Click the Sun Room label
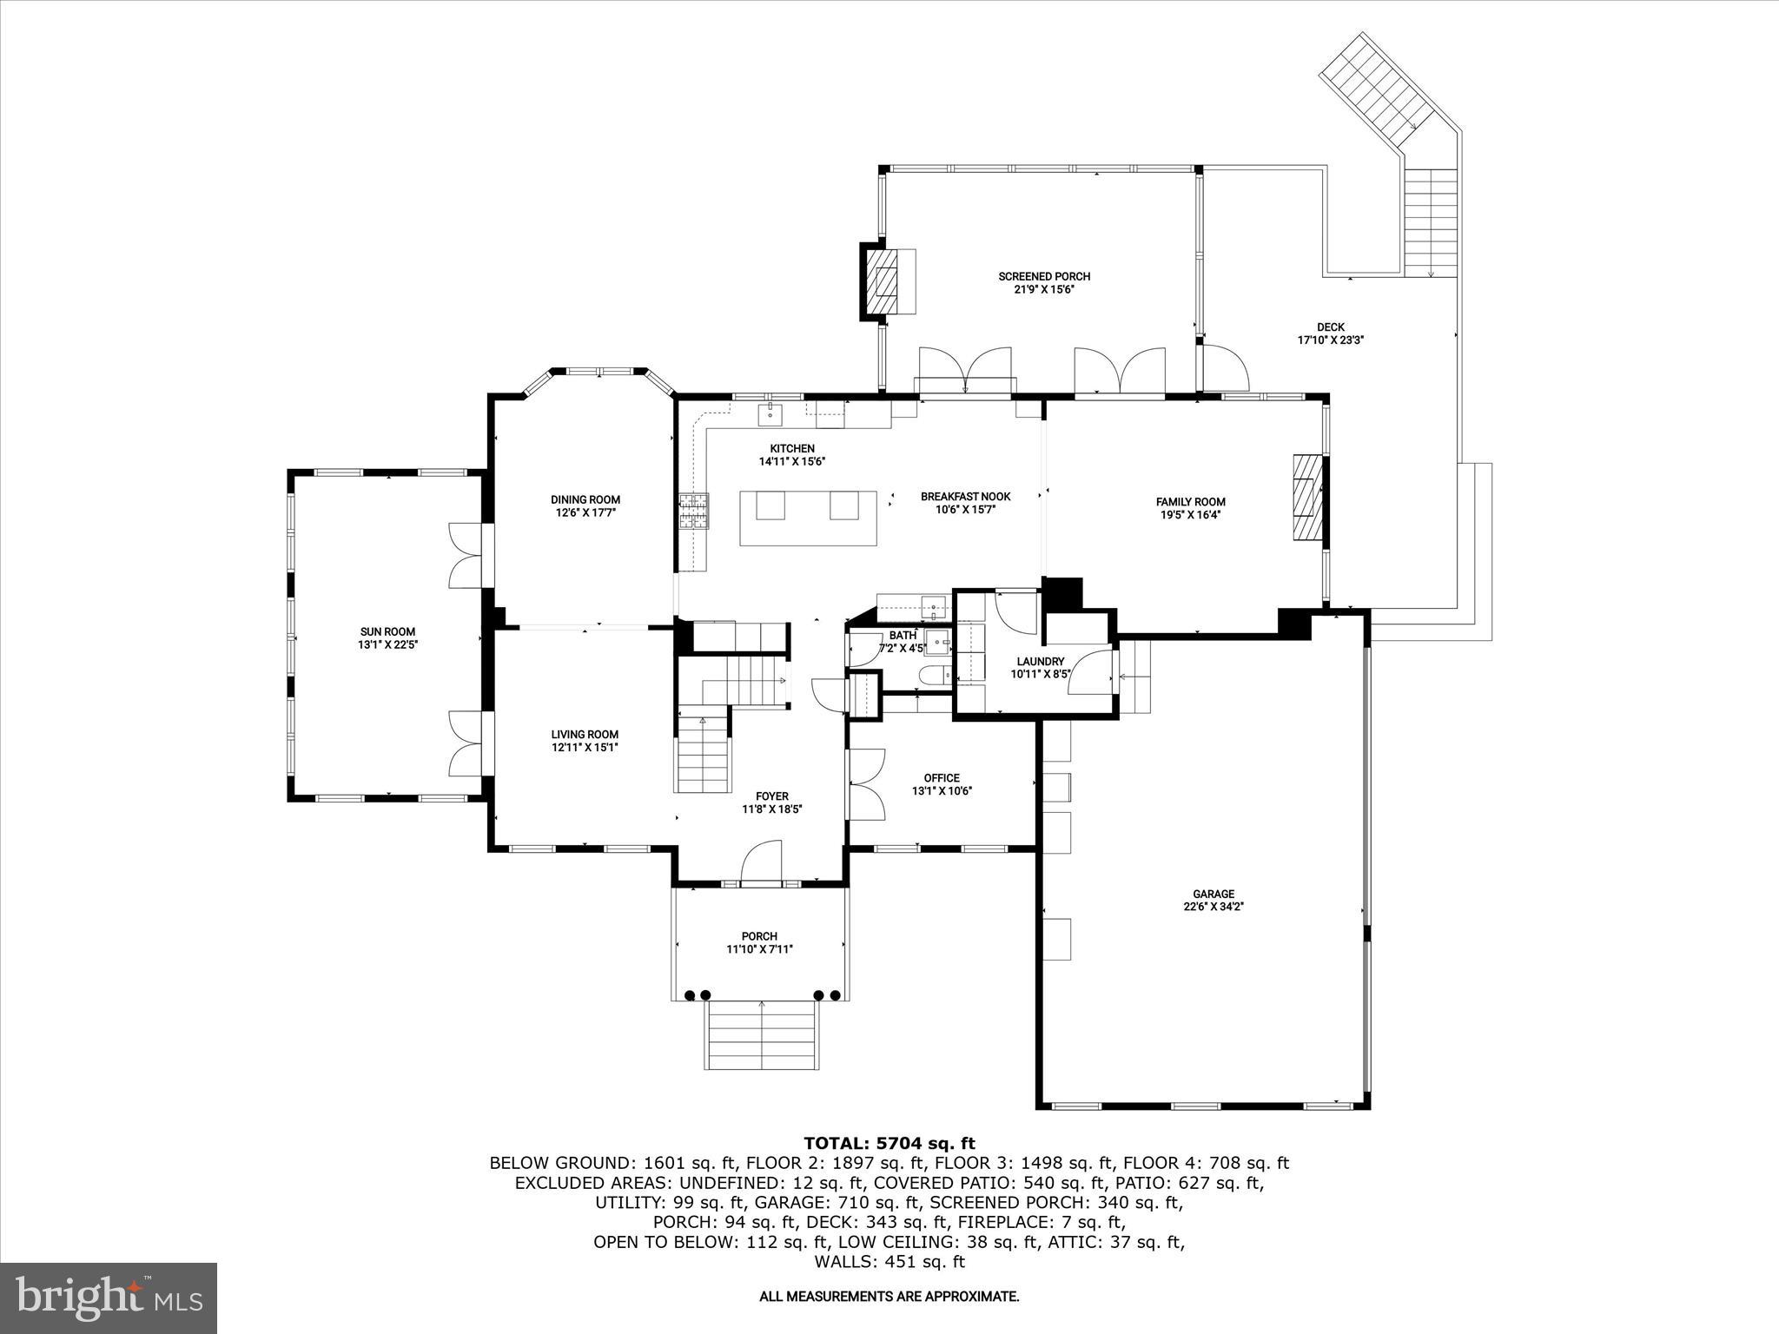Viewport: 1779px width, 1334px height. (x=388, y=631)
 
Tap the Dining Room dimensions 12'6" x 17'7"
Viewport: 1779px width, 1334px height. (x=585, y=513)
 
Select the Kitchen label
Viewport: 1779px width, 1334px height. (x=791, y=448)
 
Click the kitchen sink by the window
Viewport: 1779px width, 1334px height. (x=770, y=415)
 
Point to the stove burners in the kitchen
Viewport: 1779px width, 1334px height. (x=693, y=511)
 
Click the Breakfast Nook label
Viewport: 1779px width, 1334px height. (x=965, y=497)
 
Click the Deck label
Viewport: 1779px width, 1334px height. (x=1330, y=327)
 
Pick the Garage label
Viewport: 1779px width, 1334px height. (x=1213, y=894)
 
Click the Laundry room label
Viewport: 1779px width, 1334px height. (x=1040, y=661)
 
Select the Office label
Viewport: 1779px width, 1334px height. (x=942, y=777)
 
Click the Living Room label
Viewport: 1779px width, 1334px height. (x=585, y=734)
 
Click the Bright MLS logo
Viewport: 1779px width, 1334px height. (x=109, y=1298)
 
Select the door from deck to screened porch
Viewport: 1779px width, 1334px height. (x=1223, y=368)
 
